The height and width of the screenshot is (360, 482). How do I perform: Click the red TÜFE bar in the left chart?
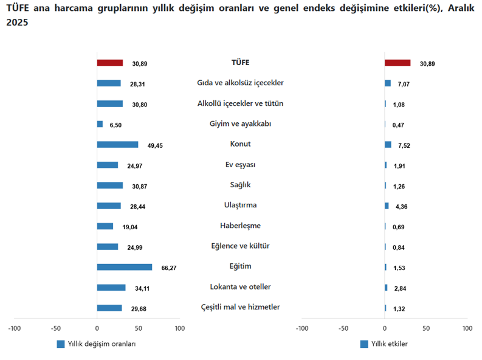pyautogui.click(x=110, y=63)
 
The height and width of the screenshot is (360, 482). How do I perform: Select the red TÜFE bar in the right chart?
pyautogui.click(x=398, y=63)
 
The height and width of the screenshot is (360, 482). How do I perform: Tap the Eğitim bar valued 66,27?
pyautogui.click(x=125, y=267)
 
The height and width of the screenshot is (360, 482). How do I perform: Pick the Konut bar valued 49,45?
pyautogui.click(x=117, y=145)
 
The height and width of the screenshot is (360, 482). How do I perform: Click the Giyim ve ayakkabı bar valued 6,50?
pyautogui.click(x=100, y=124)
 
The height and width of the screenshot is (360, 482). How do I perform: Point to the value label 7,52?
pyautogui.click(x=402, y=145)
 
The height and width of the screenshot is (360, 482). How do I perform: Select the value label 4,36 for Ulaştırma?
pyautogui.click(x=402, y=207)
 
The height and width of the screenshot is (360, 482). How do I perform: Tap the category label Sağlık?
pyautogui.click(x=240, y=185)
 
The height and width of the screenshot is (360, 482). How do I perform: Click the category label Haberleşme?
pyautogui.click(x=240, y=226)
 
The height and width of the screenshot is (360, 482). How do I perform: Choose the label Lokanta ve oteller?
pyautogui.click(x=240, y=287)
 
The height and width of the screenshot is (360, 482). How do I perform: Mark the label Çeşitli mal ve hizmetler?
pyautogui.click(x=240, y=307)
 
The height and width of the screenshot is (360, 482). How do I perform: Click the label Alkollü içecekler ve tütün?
pyautogui.click(x=240, y=103)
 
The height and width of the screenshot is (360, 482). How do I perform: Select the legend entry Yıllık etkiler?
pyautogui.click(x=388, y=344)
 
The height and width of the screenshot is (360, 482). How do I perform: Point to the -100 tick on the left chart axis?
pyautogui.click(x=14, y=329)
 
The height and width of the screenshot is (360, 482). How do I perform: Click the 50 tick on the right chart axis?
pyautogui.click(x=426, y=329)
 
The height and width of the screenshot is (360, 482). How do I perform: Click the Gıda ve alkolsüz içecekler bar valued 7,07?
pyautogui.click(x=388, y=83)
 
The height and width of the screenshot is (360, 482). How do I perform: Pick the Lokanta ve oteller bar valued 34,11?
pyautogui.click(x=111, y=288)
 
